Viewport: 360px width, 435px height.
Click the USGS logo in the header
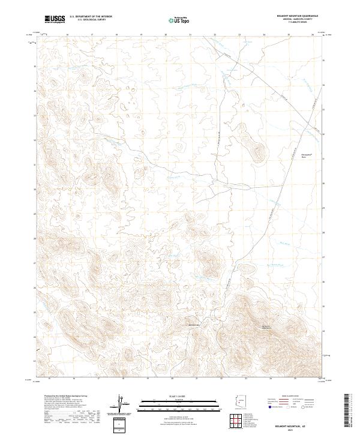pyautogui.click(x=55, y=19)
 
